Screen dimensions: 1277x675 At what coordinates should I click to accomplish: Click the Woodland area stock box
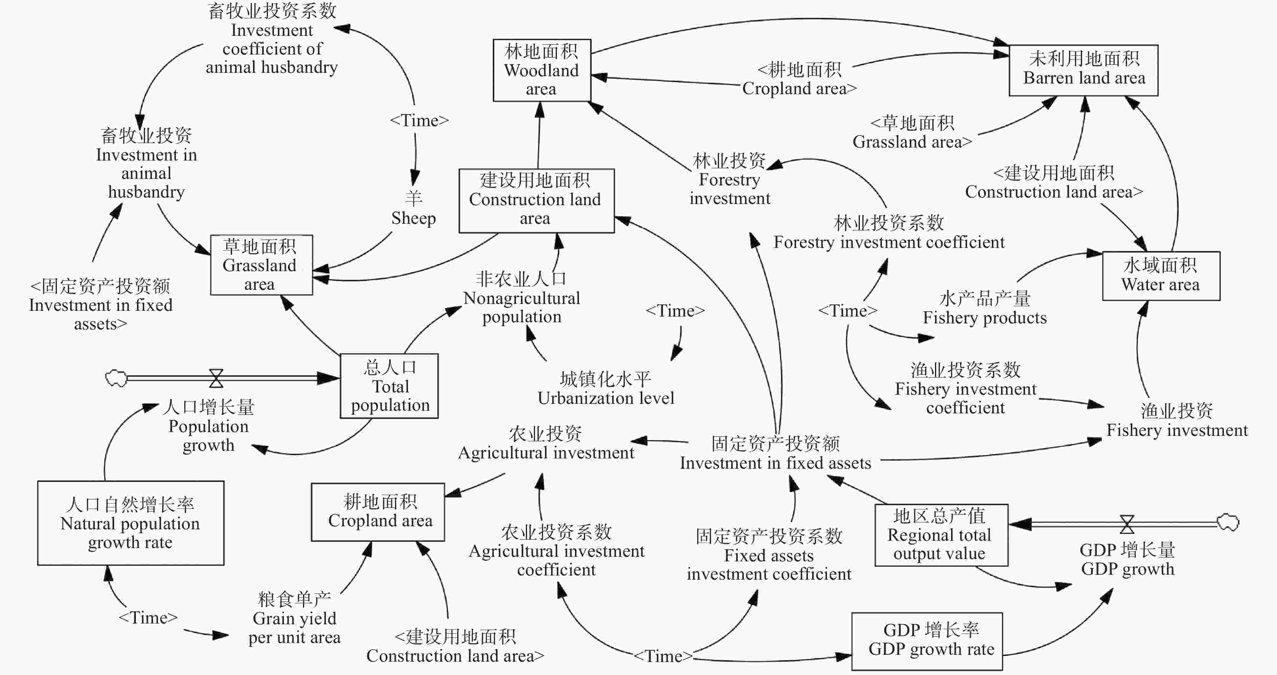click(x=542, y=70)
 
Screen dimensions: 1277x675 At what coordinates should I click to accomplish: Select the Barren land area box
click(x=1084, y=70)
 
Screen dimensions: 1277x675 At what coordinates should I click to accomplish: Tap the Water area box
click(x=1161, y=276)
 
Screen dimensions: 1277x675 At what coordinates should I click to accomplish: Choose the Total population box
click(x=389, y=386)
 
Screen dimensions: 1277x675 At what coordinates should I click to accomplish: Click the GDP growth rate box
click(x=927, y=641)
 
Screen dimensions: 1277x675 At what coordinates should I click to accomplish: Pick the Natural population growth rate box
click(x=131, y=523)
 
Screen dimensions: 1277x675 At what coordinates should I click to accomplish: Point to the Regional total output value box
click(x=942, y=535)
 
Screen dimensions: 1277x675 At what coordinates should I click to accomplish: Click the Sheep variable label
click(x=413, y=208)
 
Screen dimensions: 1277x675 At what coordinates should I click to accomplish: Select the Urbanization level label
click(x=606, y=388)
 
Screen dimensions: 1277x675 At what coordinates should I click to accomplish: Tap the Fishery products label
click(x=985, y=308)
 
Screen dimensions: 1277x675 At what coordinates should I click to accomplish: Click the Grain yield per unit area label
click(x=295, y=618)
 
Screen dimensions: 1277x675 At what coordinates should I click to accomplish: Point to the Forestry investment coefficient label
click(x=889, y=232)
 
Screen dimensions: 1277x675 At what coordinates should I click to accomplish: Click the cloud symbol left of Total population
click(x=116, y=378)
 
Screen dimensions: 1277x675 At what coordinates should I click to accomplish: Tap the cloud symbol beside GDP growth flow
click(x=1228, y=522)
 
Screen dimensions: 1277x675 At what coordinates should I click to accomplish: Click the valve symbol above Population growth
click(x=216, y=378)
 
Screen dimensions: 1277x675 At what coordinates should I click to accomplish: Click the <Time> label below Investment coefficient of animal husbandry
click(x=419, y=121)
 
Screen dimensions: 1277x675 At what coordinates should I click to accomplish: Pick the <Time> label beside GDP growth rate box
click(x=663, y=656)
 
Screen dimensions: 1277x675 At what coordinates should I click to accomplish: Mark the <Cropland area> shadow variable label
click(x=799, y=79)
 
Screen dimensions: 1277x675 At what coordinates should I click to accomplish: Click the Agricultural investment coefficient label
click(x=556, y=551)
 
